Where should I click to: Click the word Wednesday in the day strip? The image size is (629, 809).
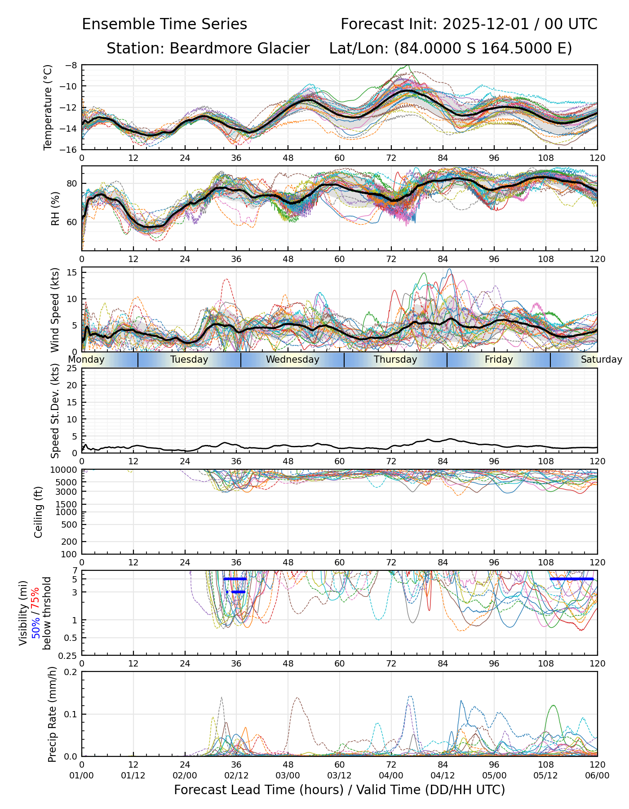(x=292, y=360)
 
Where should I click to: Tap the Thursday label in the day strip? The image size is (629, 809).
(x=395, y=360)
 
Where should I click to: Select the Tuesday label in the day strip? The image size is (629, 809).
(x=189, y=360)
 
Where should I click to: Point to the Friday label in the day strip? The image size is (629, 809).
(x=499, y=360)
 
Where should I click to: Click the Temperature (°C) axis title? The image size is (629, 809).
(x=48, y=107)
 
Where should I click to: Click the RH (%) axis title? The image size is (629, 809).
(x=55, y=208)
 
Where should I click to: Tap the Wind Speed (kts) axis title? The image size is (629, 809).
(x=55, y=310)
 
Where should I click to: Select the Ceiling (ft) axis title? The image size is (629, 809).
(x=39, y=512)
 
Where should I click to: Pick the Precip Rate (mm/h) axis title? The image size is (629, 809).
(x=53, y=714)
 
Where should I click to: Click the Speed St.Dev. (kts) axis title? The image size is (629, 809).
(x=55, y=411)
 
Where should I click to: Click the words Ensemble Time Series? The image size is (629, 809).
(x=164, y=24)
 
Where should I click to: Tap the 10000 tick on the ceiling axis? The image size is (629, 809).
(x=65, y=471)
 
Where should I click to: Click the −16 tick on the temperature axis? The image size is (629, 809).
(x=71, y=150)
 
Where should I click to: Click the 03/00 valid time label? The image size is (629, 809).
(x=288, y=775)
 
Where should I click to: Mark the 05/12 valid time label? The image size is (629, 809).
(x=546, y=775)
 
